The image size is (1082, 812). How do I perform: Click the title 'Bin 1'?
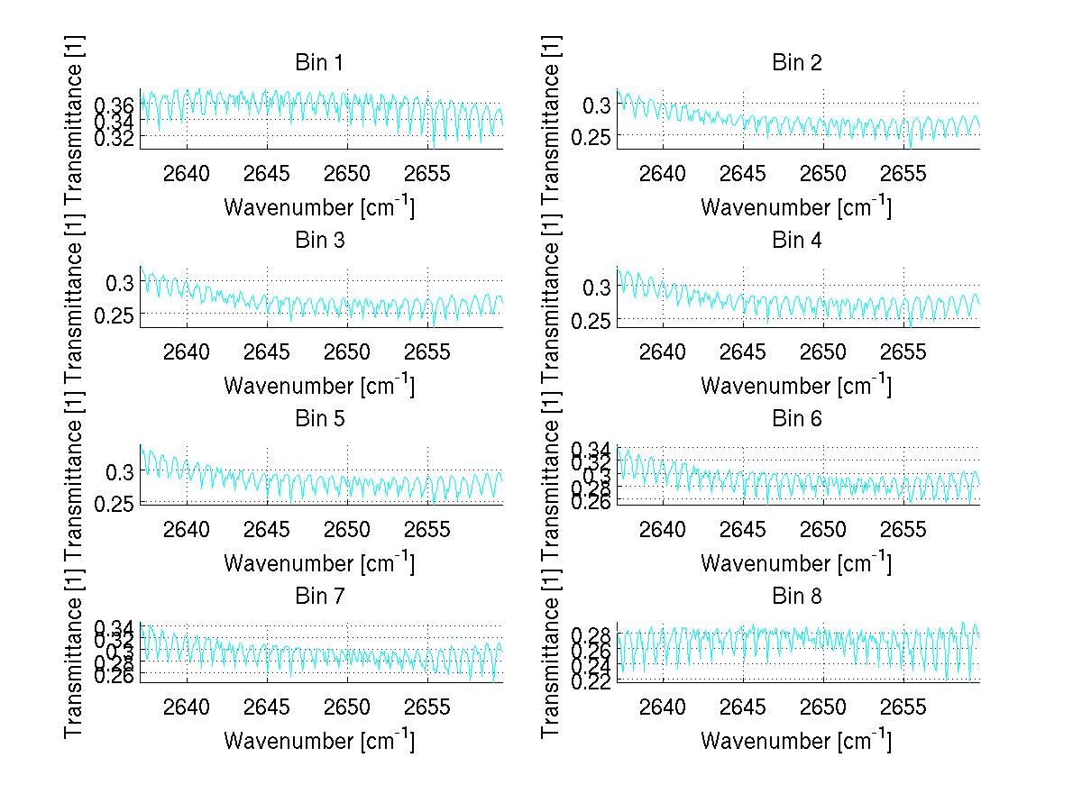pos(318,63)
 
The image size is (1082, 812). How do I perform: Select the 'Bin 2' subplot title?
pos(796,63)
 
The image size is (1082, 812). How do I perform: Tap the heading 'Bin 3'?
pos(318,241)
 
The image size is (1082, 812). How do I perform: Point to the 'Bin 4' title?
pos(796,241)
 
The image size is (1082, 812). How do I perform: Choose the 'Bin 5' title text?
pos(318,418)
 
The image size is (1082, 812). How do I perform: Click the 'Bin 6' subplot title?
pos(796,418)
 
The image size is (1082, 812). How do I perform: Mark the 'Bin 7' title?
pos(318,596)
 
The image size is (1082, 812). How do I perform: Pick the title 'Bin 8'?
pos(796,596)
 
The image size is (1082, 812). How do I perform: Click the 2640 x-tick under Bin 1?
pos(187,173)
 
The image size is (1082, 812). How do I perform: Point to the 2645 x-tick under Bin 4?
pos(743,351)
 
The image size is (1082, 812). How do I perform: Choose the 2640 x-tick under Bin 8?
pos(663,706)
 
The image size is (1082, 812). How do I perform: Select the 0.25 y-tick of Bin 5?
pos(116,502)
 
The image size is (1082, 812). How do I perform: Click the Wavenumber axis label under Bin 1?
pos(318,207)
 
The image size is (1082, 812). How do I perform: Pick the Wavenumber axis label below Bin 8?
pos(796,740)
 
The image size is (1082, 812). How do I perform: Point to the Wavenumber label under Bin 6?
pos(796,562)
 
